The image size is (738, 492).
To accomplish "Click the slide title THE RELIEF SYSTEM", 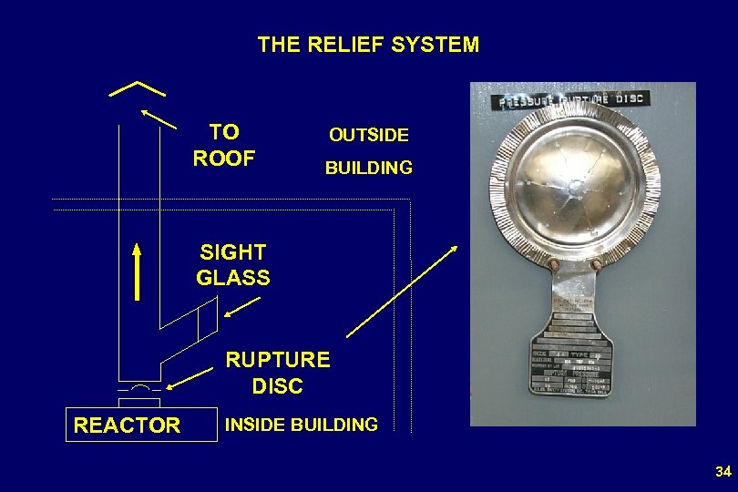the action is [x=368, y=45].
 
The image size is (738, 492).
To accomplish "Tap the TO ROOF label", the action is [x=224, y=145].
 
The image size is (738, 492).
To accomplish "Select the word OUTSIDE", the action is [x=369, y=136].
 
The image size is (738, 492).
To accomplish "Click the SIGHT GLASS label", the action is [x=233, y=265].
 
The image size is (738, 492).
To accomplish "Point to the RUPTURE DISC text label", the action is [x=277, y=373].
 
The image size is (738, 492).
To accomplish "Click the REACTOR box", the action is [x=127, y=425].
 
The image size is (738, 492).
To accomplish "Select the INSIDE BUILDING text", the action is [x=302, y=425].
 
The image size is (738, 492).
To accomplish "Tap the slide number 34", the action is [x=723, y=472].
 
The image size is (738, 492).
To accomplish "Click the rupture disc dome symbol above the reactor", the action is [x=138, y=388].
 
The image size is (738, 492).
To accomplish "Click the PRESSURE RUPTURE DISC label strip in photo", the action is [x=569, y=99].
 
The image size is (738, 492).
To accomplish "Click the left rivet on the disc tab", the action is [x=553, y=264].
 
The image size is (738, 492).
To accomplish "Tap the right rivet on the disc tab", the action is [x=596, y=264].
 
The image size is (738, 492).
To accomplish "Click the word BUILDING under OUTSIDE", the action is [x=369, y=169].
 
